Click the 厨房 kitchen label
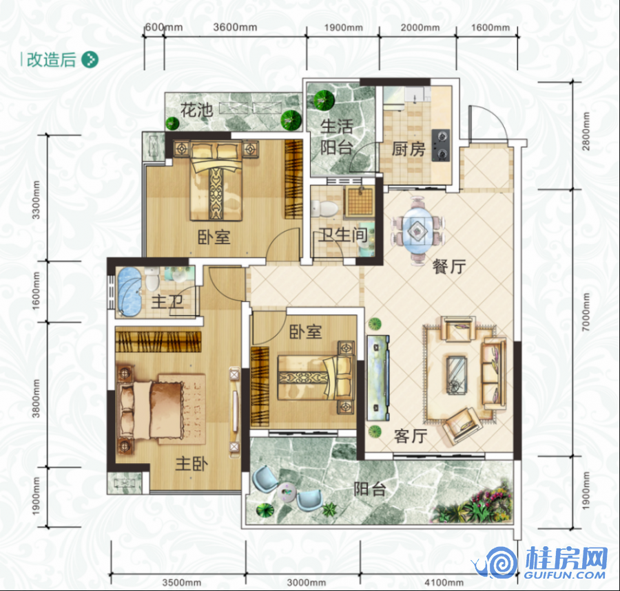pos(409,149)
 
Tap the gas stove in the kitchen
pos(442,145)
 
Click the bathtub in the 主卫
pos(129,291)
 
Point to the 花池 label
pos(197,110)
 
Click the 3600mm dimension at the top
pos(235,28)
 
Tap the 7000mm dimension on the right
pos(586,312)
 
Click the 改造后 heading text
pos(51,60)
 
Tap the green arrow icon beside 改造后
pos(90,60)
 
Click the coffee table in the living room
pos(456,375)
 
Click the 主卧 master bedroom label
pos(192,464)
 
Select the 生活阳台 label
pos(336,137)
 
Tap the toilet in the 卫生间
pos(324,208)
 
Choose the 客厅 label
pos(411,436)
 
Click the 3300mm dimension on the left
pos(36,200)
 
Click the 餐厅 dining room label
pos(449,267)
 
